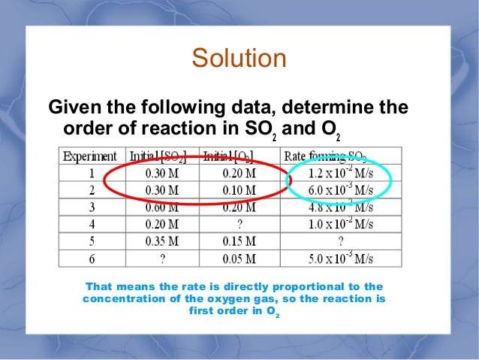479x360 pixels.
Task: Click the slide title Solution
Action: [x=239, y=59]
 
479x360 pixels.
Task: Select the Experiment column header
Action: [x=90, y=156]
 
